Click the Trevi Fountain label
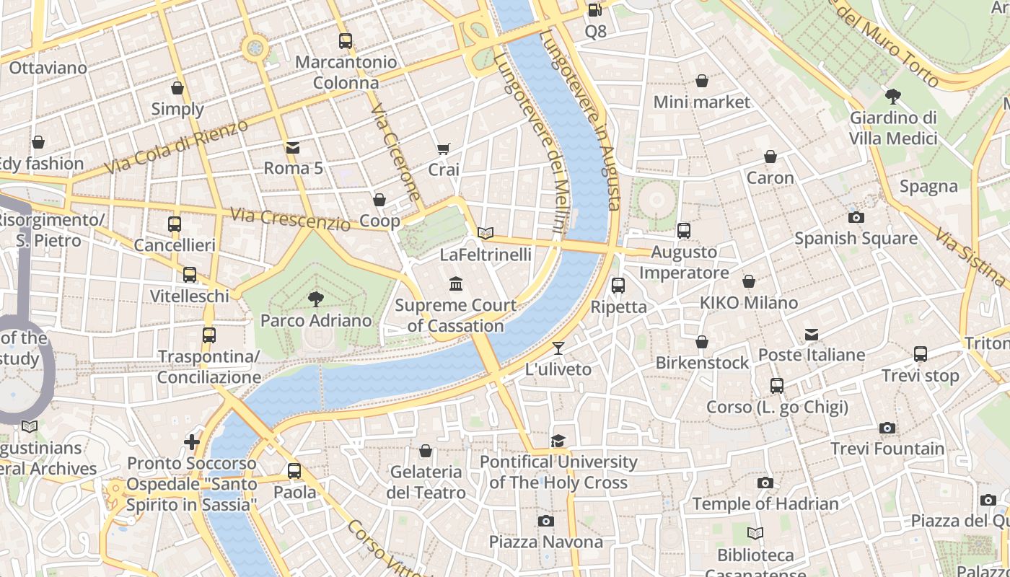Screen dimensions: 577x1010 [x=887, y=449]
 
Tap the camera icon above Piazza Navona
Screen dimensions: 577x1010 [x=546, y=521]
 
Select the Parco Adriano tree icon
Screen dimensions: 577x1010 [x=315, y=299]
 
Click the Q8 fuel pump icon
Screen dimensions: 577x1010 [x=594, y=9]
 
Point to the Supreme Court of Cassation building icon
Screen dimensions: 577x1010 [x=456, y=283]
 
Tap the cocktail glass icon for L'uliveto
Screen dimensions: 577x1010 [x=558, y=348]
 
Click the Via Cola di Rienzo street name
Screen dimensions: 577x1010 [x=176, y=147]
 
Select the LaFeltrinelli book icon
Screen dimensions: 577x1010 [x=486, y=233]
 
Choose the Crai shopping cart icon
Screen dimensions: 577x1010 [x=444, y=149]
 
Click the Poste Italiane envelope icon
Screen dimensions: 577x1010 [x=812, y=333]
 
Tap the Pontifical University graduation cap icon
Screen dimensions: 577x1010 [x=558, y=441]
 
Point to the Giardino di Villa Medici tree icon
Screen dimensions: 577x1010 [x=892, y=96]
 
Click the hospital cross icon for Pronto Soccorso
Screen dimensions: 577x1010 [x=192, y=441]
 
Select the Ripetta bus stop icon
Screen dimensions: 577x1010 [x=618, y=286]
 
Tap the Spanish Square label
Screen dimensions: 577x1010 [x=856, y=238]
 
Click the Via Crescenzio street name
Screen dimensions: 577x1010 [x=290, y=219]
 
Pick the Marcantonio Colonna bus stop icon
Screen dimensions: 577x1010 [x=346, y=41]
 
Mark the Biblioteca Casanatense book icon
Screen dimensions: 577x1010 [x=755, y=534]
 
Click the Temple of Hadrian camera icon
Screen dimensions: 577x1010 [x=765, y=483]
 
